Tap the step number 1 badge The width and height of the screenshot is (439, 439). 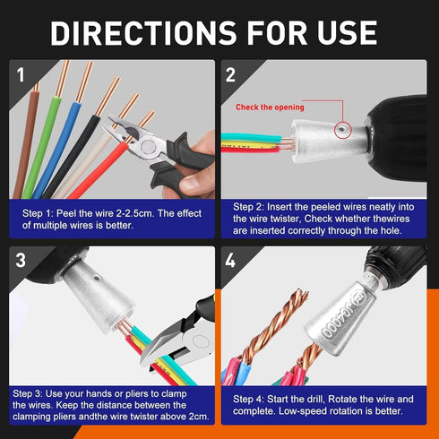point(22,74)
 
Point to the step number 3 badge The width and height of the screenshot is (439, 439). point(22,261)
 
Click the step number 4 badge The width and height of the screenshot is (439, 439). point(230,262)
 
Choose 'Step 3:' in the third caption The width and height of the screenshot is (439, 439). point(32,393)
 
